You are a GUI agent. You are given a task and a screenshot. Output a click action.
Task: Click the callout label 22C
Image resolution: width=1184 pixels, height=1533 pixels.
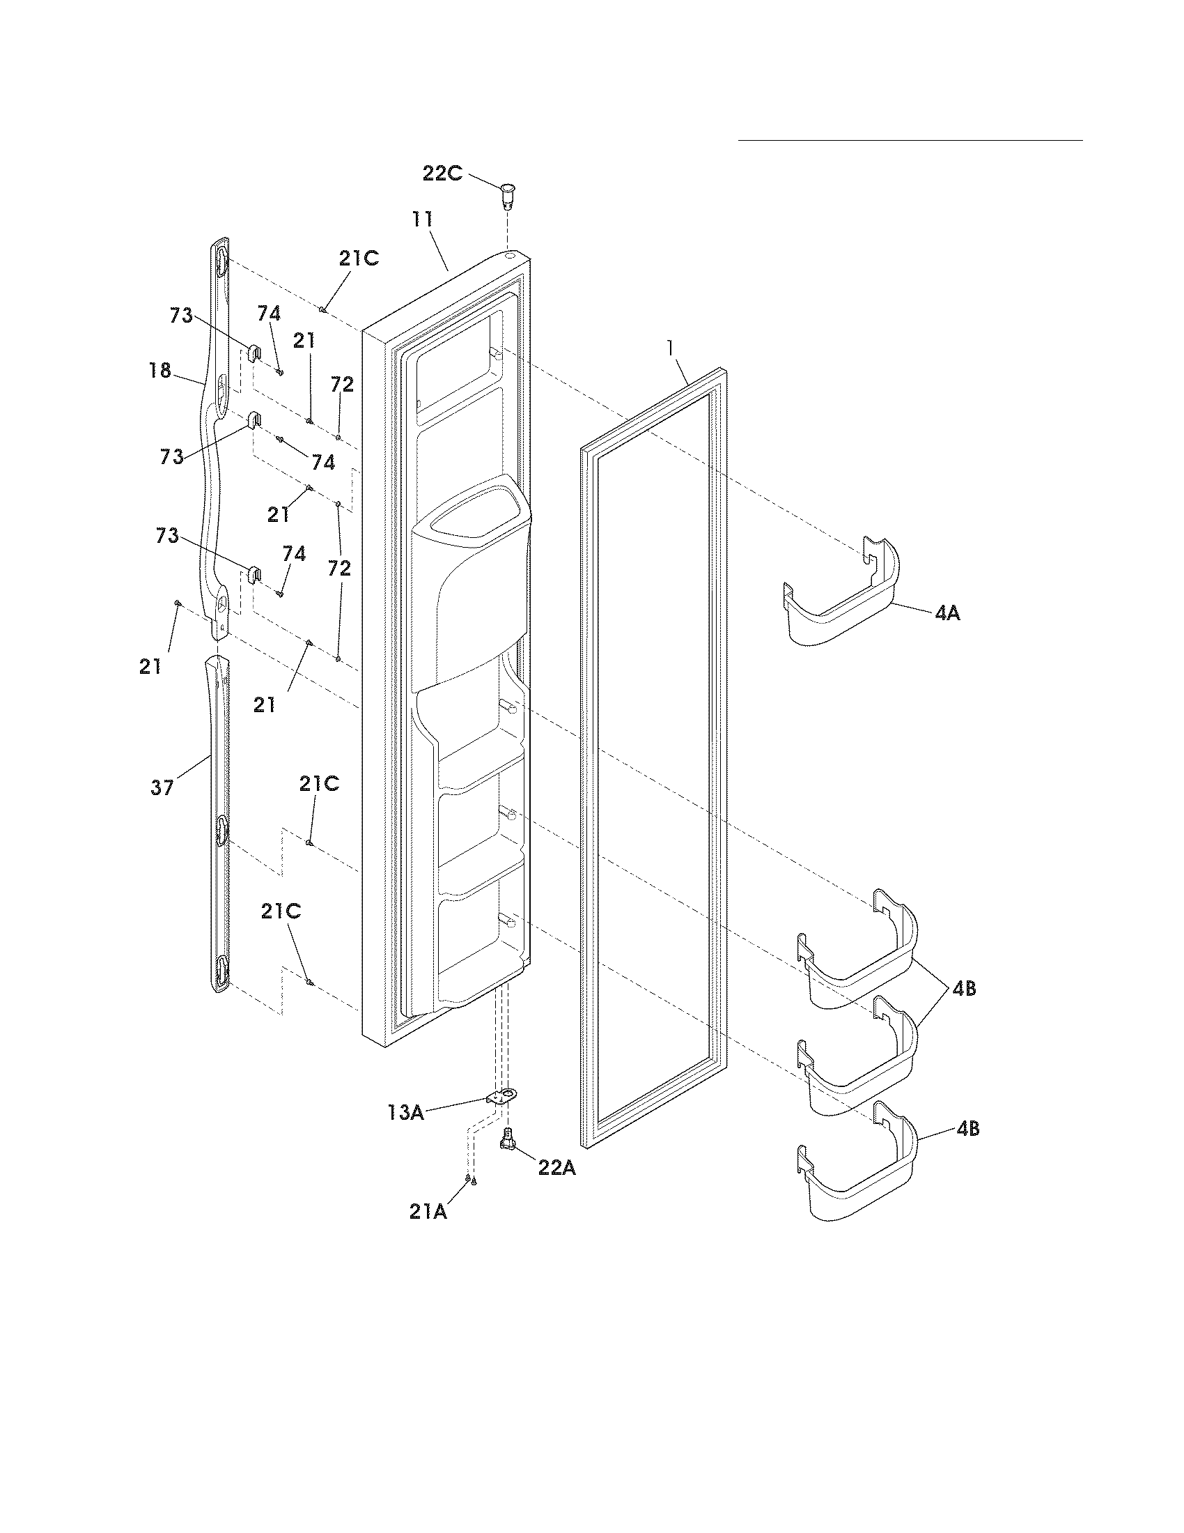click(x=442, y=173)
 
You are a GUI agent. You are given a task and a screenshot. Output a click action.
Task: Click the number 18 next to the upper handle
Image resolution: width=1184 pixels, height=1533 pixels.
click(x=160, y=370)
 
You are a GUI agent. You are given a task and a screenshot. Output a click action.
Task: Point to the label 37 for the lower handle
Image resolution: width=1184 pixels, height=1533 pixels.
click(x=162, y=787)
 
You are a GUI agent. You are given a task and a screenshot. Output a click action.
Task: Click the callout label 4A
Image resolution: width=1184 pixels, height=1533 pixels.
click(x=947, y=613)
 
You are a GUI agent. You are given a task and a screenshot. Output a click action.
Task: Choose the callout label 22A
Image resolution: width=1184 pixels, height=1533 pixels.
click(x=557, y=1167)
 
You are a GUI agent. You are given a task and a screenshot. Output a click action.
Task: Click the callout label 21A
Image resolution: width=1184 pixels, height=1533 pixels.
click(x=428, y=1212)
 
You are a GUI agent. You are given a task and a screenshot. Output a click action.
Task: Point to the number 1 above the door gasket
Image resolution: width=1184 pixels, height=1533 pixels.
click(x=671, y=347)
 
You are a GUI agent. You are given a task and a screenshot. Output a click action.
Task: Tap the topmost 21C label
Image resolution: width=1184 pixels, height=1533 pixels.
click(x=359, y=259)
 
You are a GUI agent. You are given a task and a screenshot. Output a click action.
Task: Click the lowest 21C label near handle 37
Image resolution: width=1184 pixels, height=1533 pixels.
click(x=281, y=911)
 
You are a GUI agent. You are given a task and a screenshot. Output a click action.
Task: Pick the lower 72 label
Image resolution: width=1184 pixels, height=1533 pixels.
click(x=339, y=568)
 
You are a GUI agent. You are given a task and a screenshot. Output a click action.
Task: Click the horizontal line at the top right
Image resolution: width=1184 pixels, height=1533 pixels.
click(x=910, y=140)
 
